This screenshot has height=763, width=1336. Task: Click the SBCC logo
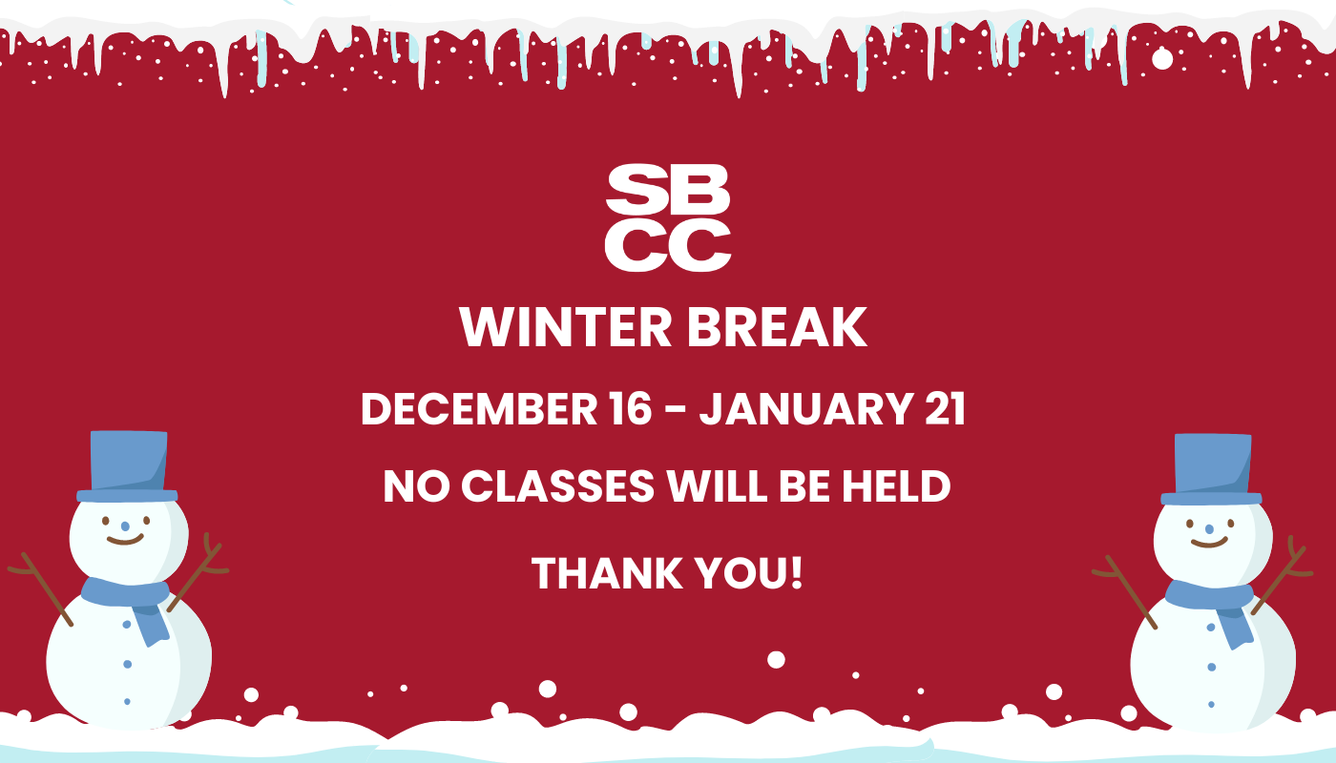point(668,218)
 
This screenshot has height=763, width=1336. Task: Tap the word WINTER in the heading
point(565,327)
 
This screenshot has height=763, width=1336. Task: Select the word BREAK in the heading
point(777,327)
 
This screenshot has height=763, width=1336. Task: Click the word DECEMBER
point(479,409)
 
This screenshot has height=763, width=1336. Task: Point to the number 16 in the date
point(631,409)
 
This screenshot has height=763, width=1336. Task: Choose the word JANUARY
point(806,409)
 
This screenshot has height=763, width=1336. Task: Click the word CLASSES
point(557,486)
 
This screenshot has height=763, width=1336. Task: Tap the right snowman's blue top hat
point(1211,469)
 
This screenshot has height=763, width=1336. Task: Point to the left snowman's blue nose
point(125,526)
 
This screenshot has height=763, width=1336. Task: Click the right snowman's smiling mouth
point(1210,543)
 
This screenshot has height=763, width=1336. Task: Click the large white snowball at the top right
point(1162,59)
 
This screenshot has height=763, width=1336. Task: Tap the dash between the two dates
point(675,411)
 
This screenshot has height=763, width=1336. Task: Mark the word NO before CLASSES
point(416,486)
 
